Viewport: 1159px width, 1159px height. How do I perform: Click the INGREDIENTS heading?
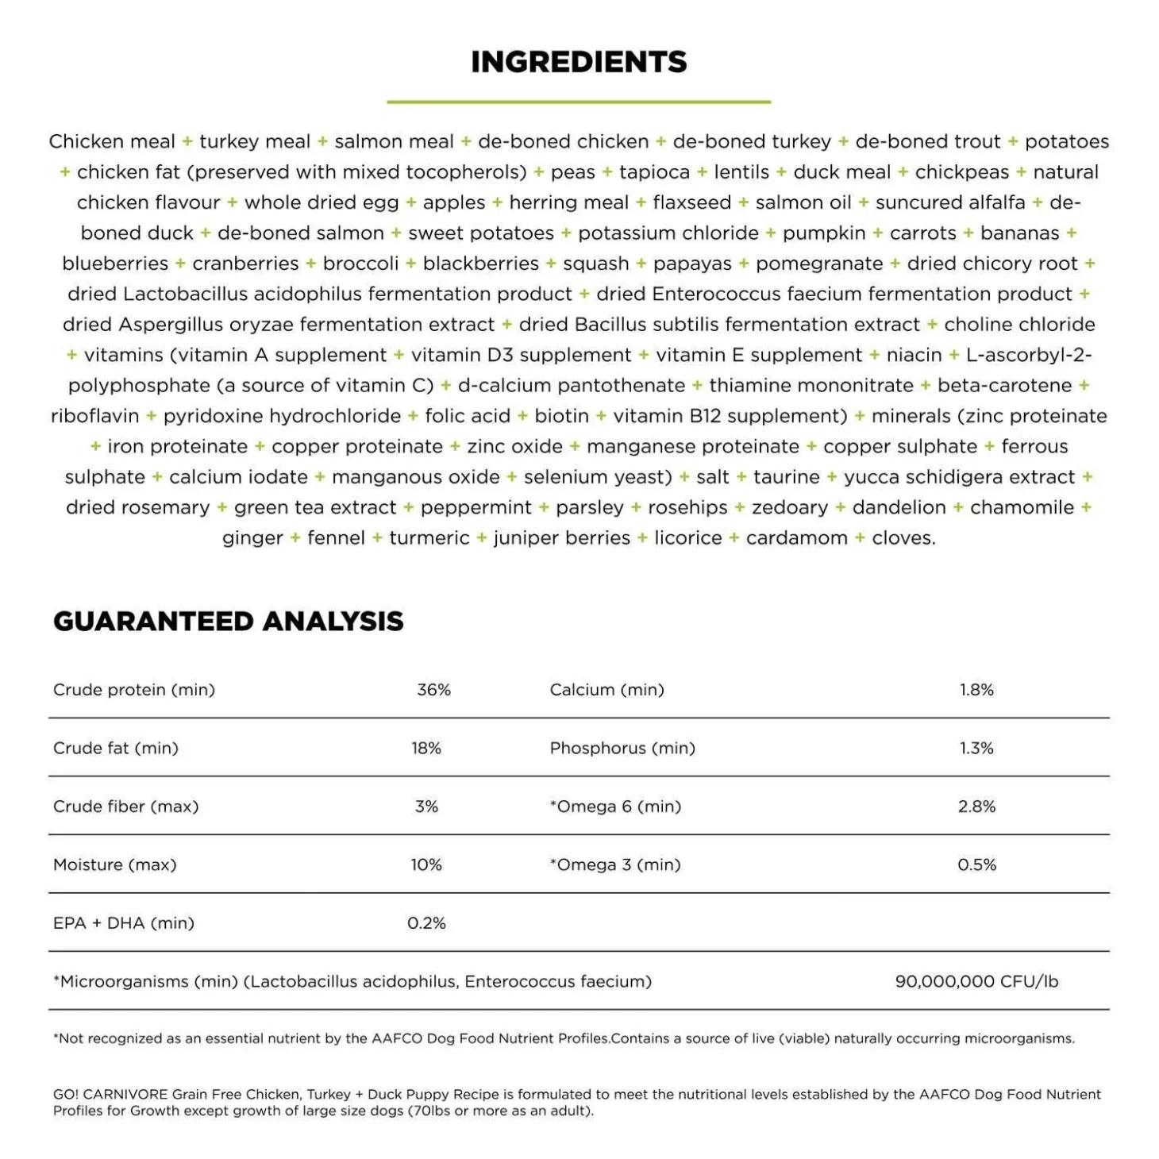pos(579,62)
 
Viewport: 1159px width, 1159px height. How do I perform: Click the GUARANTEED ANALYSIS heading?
pos(229,621)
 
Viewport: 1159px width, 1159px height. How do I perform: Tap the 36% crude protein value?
pos(433,690)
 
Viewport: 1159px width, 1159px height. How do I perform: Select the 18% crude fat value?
pos(426,748)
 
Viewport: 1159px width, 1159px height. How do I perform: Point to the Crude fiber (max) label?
pos(126,807)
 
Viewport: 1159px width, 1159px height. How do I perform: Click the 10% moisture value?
pos(426,864)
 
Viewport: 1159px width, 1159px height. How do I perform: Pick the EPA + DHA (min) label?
pos(124,923)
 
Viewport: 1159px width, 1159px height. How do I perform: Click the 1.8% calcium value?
pos(976,690)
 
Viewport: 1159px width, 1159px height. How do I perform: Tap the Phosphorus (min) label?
pos(622,748)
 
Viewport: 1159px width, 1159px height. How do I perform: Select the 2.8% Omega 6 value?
pos(976,807)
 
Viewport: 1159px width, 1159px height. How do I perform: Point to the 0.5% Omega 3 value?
pos(976,864)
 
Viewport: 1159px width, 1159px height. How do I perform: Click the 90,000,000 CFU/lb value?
pos(976,981)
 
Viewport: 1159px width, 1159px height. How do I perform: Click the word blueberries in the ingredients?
pos(115,264)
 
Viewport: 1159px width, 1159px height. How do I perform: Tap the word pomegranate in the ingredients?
pos(819,264)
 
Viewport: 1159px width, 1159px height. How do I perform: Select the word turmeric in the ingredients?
pos(429,538)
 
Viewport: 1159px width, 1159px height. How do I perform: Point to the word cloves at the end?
pos(903,538)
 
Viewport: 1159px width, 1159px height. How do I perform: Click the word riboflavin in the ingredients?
pos(94,416)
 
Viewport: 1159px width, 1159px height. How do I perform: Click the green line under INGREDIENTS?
pos(579,102)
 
